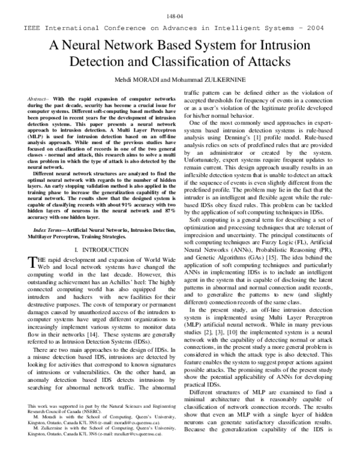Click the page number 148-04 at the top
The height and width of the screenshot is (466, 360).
tap(180, 17)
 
